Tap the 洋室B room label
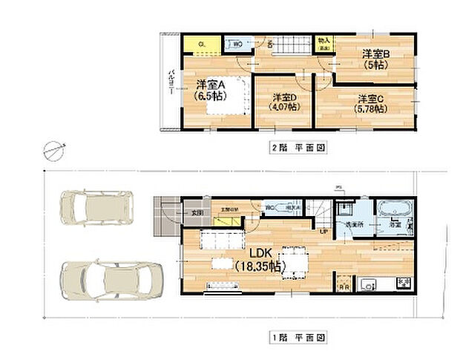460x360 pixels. (x=376, y=54)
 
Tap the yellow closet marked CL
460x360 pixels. (x=202, y=45)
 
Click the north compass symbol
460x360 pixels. (x=53, y=149)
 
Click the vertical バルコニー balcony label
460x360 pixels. (x=171, y=83)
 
